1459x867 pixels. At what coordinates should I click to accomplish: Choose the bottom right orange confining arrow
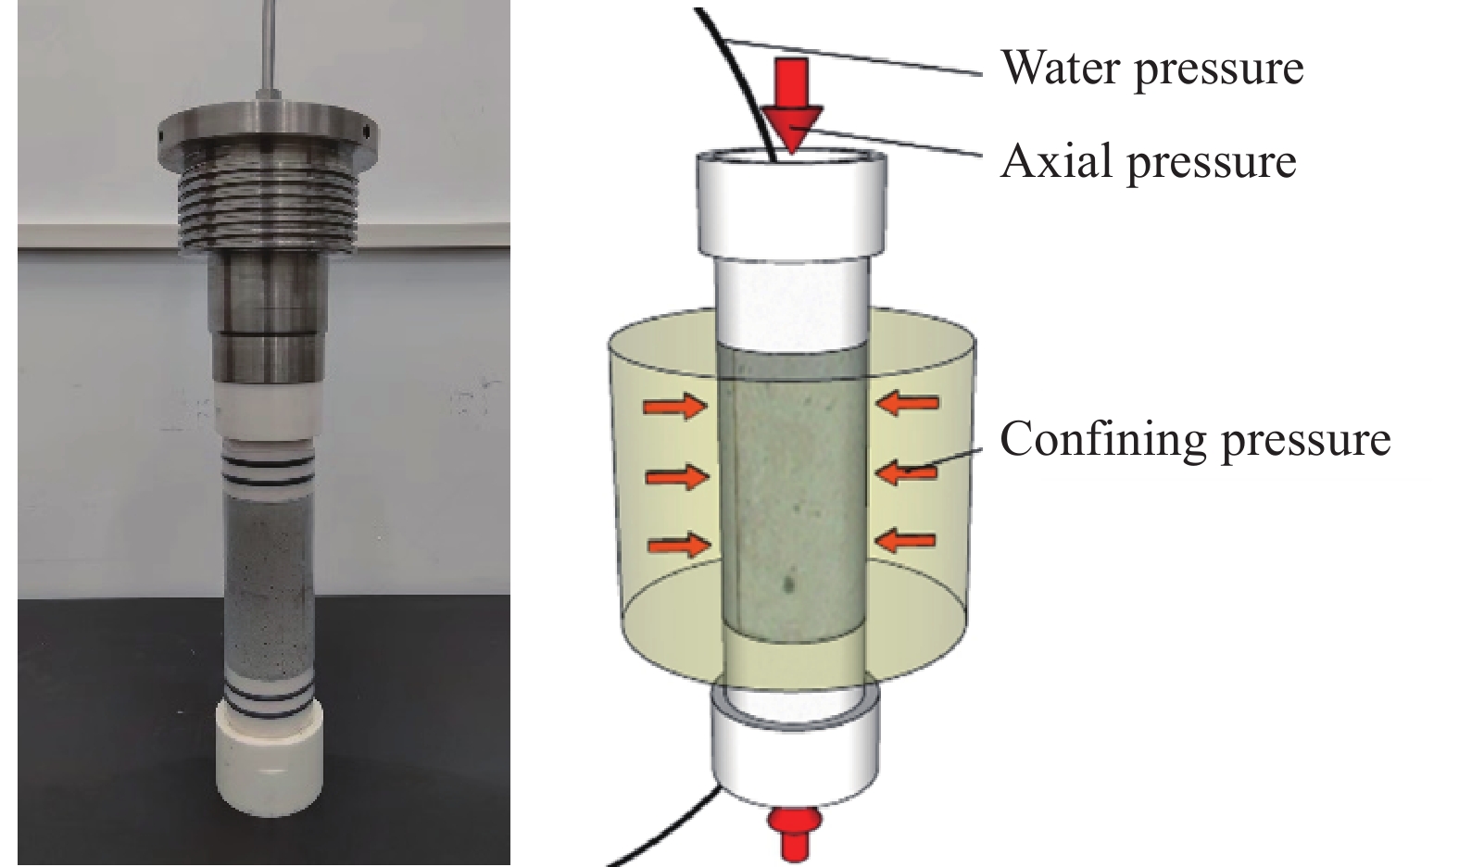(x=906, y=540)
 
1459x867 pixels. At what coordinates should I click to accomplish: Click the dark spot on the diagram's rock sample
(x=788, y=584)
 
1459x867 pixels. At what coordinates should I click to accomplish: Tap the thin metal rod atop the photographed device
(x=268, y=46)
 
